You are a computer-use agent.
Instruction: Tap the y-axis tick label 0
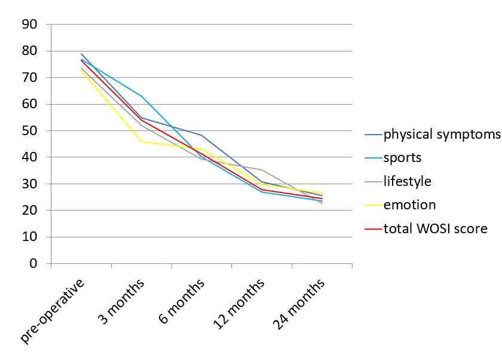tap(33, 264)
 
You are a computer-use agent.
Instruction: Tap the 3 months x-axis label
tap(120, 304)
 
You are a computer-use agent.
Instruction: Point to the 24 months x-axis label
tap(298, 306)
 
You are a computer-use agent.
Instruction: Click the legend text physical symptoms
tap(442, 134)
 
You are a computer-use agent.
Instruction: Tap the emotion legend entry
tap(409, 205)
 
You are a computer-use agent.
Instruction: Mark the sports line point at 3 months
tap(142, 96)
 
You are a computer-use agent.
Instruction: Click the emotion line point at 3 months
tap(142, 142)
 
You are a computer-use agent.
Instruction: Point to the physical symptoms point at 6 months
tap(202, 135)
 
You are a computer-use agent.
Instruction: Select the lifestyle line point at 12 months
tap(262, 170)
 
